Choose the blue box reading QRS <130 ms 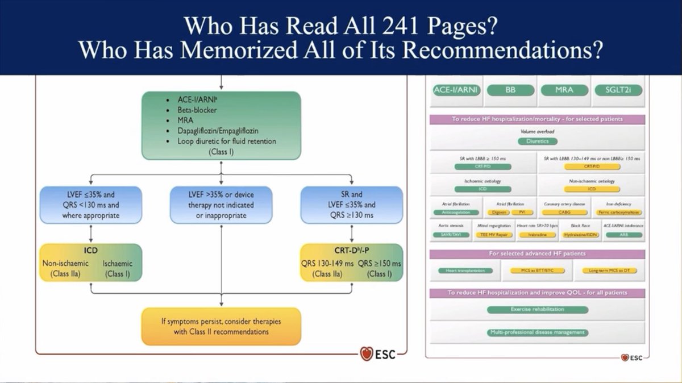point(92,205)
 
